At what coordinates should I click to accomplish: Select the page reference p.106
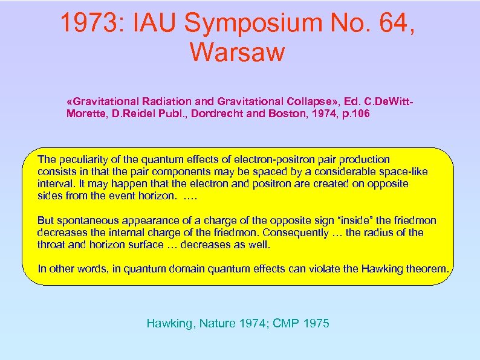351,113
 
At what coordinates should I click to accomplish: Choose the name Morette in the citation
84,113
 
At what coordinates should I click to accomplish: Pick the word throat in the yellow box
50,245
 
